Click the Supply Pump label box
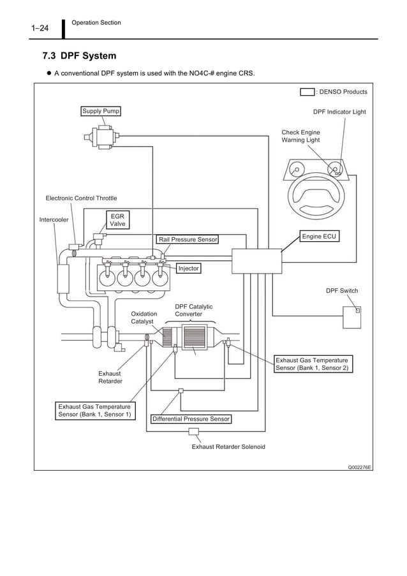[101, 111]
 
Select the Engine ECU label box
[319, 237]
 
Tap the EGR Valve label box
[117, 220]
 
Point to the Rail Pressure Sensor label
[188, 239]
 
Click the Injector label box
[188, 269]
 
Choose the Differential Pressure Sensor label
[191, 419]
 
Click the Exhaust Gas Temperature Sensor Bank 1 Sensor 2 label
[313, 364]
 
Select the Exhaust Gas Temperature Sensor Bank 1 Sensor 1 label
[95, 410]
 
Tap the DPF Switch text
[342, 291]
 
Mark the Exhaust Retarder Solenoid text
[228, 447]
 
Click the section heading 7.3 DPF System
[79, 57]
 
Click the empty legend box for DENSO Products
[307, 92]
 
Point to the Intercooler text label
[54, 220]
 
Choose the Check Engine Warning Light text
[301, 136]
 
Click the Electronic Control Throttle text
[81, 198]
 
